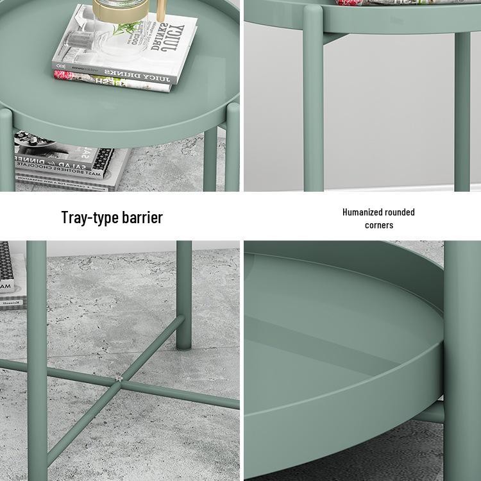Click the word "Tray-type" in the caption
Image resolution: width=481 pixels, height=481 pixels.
pyautogui.click(x=90, y=217)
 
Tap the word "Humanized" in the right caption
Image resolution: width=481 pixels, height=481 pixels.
pyautogui.click(x=362, y=212)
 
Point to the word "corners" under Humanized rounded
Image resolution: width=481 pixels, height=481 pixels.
pyautogui.click(x=379, y=225)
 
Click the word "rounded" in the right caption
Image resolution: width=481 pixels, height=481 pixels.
pyautogui.click(x=400, y=212)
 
